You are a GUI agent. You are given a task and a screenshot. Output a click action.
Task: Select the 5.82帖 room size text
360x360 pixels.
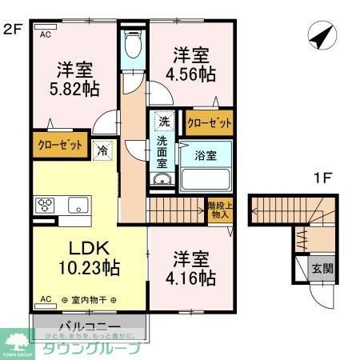(x=70, y=87)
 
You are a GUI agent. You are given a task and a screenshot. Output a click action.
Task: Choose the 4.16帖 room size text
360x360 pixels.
(x=194, y=278)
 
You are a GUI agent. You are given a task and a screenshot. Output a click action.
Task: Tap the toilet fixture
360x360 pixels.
(x=133, y=44)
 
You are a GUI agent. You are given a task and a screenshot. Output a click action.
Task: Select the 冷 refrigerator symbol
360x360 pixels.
(x=102, y=149)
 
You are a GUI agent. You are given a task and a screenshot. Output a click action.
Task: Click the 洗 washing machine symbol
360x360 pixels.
(x=163, y=122)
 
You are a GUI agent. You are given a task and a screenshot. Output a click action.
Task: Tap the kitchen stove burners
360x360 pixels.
(x=45, y=204)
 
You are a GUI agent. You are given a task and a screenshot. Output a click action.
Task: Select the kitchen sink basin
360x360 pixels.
(x=78, y=204)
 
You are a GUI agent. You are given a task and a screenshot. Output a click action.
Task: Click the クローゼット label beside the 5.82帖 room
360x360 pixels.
(x=60, y=146)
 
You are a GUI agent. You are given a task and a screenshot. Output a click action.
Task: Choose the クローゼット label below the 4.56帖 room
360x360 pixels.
(x=210, y=123)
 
